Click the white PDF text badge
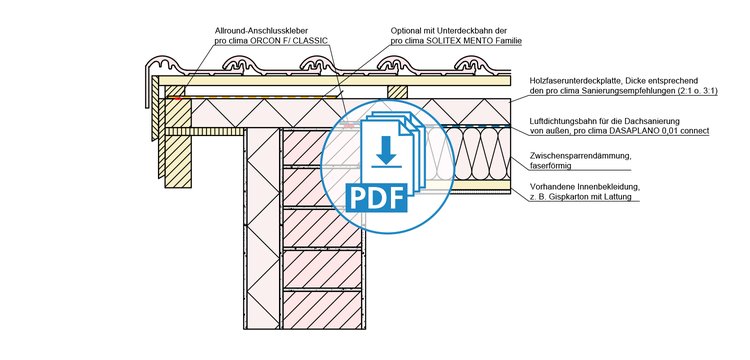click(x=376, y=197)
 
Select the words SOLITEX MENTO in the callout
click(x=451, y=41)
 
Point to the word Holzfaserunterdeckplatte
click(x=572, y=81)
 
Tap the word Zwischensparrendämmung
click(x=574, y=156)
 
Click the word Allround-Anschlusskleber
click(x=257, y=31)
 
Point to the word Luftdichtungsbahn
click(x=559, y=121)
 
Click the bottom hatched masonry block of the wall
click(x=322, y=309)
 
